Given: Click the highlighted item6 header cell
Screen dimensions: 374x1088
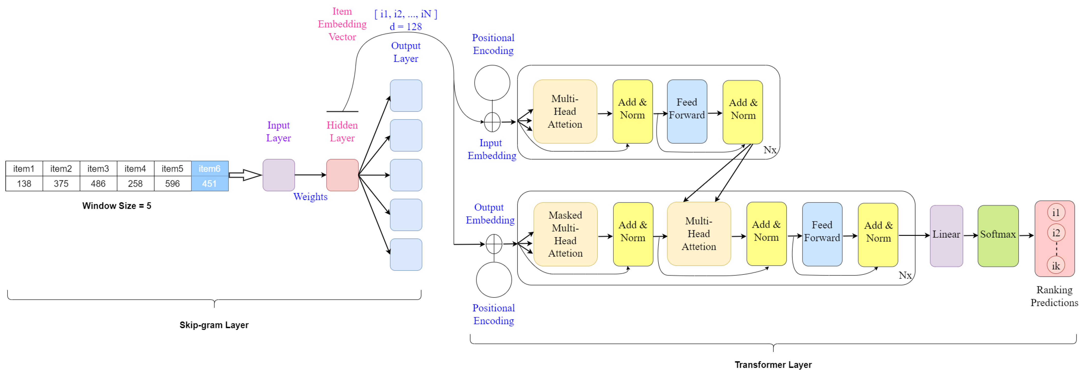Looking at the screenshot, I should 210,168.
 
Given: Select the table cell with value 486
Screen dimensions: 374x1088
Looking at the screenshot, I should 98,184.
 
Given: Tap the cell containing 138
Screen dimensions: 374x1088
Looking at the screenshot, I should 24,184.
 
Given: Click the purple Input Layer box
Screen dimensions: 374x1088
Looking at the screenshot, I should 278,175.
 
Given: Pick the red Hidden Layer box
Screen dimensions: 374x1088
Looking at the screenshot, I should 342,175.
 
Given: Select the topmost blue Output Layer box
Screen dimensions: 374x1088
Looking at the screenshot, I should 405,95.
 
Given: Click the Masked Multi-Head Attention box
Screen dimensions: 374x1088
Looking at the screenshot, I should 565,234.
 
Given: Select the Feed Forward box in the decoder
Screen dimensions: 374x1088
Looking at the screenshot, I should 822,234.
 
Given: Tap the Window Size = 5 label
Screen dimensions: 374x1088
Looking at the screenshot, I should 117,206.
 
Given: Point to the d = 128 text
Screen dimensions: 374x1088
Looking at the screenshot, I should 405,27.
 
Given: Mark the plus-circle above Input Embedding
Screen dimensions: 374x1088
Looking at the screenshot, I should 492,122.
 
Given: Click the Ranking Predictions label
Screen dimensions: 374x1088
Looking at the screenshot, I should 1054,296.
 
